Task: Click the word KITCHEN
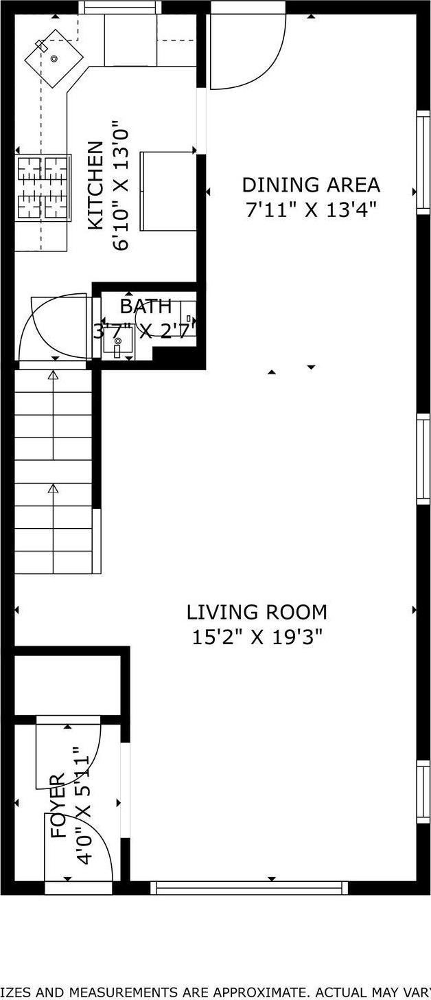(95, 185)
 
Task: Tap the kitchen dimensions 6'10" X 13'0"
(120, 186)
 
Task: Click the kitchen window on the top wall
(120, 8)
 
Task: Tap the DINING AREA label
(310, 185)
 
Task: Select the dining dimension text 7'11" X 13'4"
(310, 209)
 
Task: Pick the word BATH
(145, 306)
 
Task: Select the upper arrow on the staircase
(53, 376)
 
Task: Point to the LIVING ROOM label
(257, 611)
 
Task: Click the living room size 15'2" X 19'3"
(257, 637)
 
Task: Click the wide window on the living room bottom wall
(249, 887)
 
